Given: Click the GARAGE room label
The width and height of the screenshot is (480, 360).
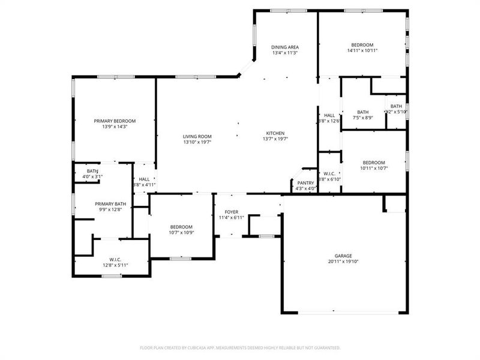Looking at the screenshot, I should [x=344, y=255].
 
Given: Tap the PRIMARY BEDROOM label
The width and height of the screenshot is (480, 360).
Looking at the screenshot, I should [x=115, y=121].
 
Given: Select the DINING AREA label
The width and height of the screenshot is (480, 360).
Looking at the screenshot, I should [x=285, y=47].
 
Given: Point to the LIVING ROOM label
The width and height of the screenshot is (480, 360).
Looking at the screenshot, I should [x=197, y=136].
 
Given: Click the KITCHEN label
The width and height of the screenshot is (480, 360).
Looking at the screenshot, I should [x=275, y=133].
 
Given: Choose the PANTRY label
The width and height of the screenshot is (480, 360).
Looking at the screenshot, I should [x=306, y=183].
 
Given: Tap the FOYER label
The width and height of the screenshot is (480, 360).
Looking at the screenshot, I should [x=232, y=212].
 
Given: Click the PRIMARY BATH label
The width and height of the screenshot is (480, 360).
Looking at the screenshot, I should [x=111, y=204].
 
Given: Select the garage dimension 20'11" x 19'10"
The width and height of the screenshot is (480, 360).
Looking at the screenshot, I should [x=344, y=261].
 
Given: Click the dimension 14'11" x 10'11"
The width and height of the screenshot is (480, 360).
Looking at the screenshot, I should [x=362, y=51].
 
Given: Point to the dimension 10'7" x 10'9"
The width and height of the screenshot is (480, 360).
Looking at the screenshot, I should [x=181, y=233].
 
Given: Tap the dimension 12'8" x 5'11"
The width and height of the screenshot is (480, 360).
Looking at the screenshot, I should [x=115, y=265].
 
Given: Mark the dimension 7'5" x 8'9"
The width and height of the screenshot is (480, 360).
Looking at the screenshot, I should [x=362, y=118].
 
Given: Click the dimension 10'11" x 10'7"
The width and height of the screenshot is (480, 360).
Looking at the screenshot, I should [x=373, y=168].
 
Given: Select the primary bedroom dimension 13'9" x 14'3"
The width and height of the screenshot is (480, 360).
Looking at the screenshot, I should [x=115, y=127].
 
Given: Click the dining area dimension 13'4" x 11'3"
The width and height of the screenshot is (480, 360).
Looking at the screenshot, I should [x=285, y=53].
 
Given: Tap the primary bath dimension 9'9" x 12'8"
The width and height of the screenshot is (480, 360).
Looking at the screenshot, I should [x=111, y=210].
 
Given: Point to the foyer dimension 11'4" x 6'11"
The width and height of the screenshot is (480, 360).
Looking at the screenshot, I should [x=232, y=217].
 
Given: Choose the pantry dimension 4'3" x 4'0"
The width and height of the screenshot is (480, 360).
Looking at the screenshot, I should [x=306, y=189].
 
